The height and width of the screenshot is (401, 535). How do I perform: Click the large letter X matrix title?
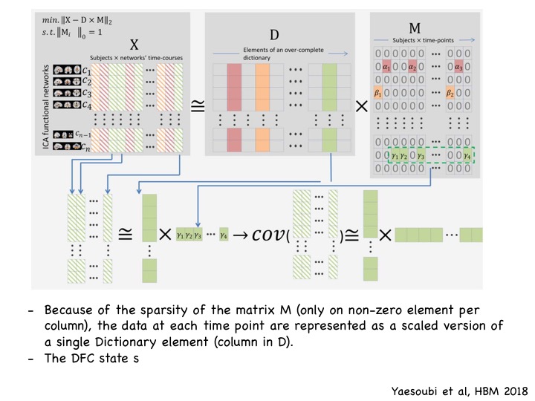(134, 43)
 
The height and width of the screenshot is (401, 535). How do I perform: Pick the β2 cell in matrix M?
(450, 94)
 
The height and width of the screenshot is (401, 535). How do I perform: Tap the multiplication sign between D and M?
(362, 106)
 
